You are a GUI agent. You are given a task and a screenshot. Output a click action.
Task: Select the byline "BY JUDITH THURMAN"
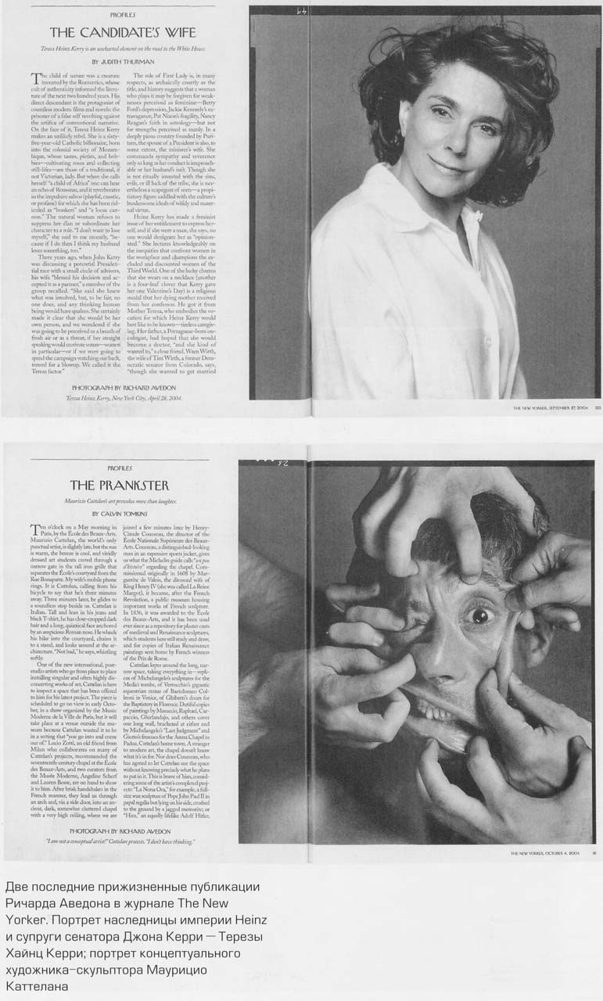(123, 60)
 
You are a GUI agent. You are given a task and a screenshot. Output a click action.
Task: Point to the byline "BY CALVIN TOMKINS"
(122, 513)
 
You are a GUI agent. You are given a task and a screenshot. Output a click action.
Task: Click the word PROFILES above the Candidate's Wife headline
(123, 14)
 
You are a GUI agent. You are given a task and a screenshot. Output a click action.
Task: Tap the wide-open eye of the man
(479, 615)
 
